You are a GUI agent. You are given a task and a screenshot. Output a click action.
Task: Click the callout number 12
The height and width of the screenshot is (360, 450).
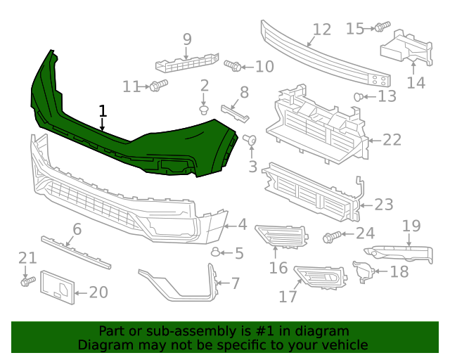(x=321, y=30)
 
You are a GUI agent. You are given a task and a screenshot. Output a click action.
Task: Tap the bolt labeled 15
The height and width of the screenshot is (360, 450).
(x=381, y=27)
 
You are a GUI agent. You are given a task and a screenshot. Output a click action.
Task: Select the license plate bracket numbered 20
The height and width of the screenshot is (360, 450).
(x=57, y=288)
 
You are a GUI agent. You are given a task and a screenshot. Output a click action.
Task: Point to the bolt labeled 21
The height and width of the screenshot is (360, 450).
(x=27, y=281)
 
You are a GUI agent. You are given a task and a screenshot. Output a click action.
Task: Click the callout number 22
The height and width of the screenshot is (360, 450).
(x=392, y=140)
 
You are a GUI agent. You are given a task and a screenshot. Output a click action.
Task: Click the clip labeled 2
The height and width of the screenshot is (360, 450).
(x=204, y=110)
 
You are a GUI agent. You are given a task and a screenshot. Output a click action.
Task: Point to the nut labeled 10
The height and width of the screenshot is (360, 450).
(x=234, y=67)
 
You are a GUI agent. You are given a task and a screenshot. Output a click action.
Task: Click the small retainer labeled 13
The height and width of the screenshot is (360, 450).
(x=359, y=96)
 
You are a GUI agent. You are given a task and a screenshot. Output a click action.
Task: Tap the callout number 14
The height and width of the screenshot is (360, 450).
(x=416, y=82)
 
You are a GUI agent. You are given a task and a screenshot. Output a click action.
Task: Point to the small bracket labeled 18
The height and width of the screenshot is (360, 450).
(x=364, y=271)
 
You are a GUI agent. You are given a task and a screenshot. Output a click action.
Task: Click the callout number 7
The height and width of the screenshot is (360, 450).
(x=235, y=283)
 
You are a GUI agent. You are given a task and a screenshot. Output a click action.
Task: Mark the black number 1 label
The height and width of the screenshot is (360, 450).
(x=103, y=111)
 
